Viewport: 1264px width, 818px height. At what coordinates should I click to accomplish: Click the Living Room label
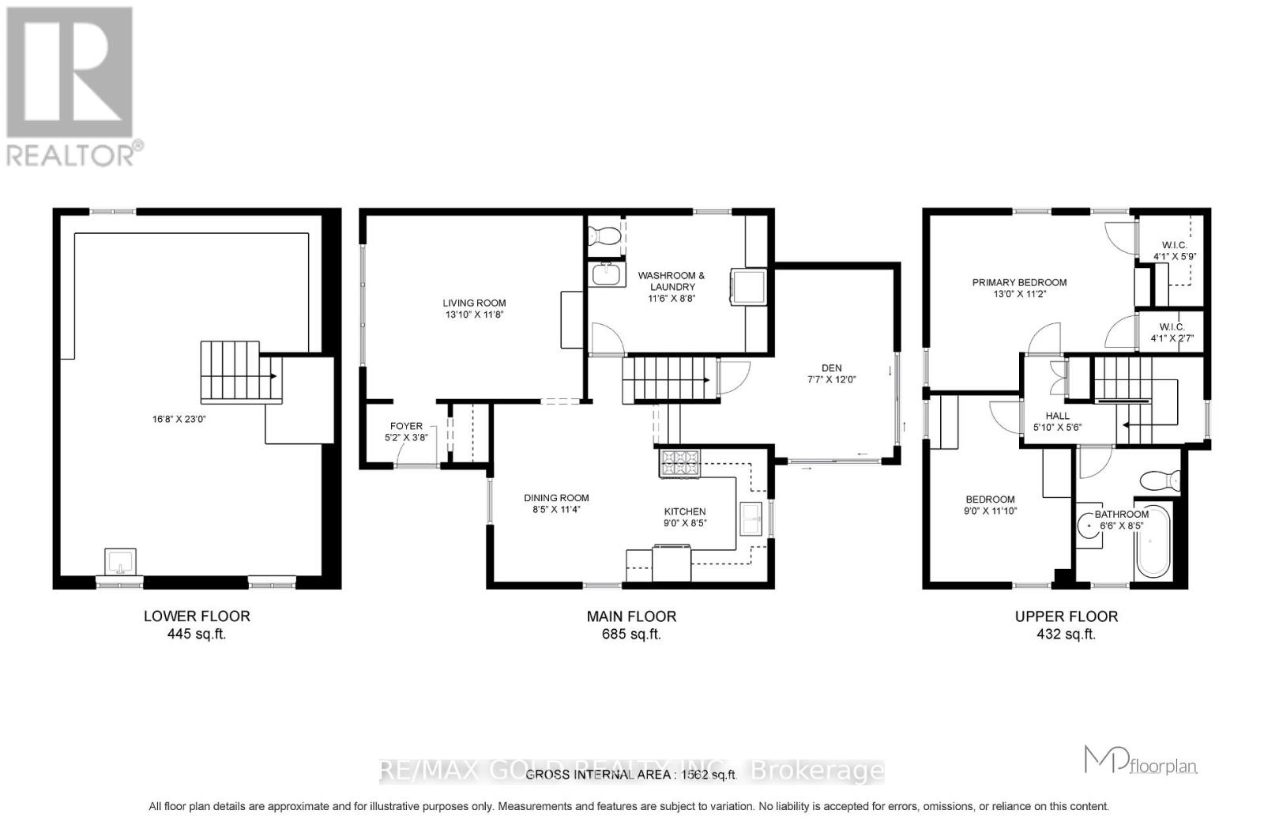point(474,303)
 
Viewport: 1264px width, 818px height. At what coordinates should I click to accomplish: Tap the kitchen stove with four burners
point(679,463)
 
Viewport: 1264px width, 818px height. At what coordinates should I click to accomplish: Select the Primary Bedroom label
point(1019,282)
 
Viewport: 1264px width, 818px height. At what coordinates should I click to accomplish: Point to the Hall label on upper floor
point(1057,416)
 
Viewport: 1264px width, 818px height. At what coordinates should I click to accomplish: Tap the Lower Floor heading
point(197,616)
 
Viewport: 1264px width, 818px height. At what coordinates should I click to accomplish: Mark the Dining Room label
point(556,498)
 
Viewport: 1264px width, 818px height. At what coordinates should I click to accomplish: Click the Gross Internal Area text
point(631,775)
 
